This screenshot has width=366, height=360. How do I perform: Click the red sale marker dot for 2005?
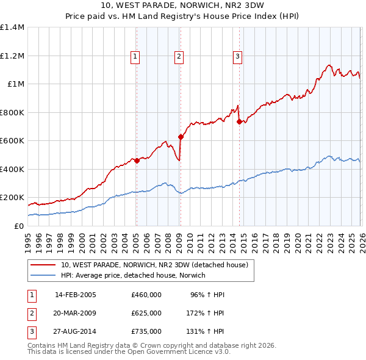pyautogui.click(x=137, y=160)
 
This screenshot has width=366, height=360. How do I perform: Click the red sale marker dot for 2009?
pyautogui.click(x=181, y=137)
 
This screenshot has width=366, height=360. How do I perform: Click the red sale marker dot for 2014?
pyautogui.click(x=239, y=121)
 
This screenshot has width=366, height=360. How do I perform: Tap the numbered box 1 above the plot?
pyautogui.click(x=135, y=57)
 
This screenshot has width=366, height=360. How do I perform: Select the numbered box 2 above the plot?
pyautogui.click(x=179, y=57)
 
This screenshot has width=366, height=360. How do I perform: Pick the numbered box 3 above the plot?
pyautogui.click(x=237, y=57)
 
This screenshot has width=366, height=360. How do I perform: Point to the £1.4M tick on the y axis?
pyautogui.click(x=12, y=27)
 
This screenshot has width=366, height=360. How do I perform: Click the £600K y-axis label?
pyautogui.click(x=12, y=141)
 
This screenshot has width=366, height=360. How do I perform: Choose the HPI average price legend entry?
pyautogui.click(x=133, y=276)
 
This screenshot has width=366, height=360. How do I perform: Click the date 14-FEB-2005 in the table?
pyautogui.click(x=76, y=295)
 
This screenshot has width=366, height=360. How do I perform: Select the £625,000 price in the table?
pyautogui.click(x=146, y=313)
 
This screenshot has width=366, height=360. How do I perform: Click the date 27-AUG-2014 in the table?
pyautogui.click(x=76, y=331)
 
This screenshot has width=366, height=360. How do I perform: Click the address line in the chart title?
pyautogui.click(x=183, y=7)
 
